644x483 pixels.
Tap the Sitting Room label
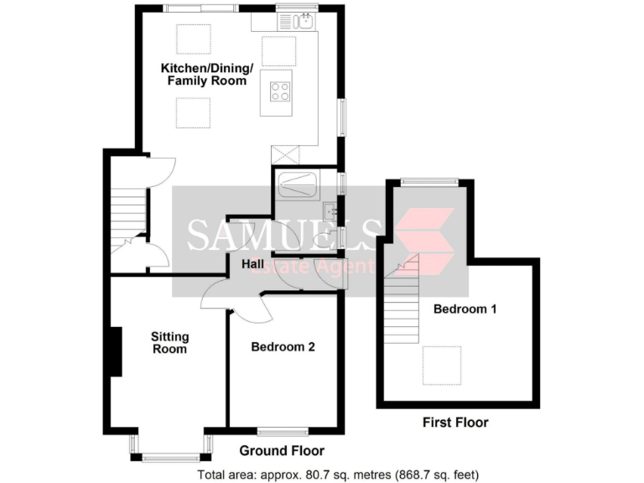pos(169,342)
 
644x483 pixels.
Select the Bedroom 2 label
pos(283,346)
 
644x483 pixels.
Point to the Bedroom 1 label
pos(465,309)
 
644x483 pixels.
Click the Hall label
pos(254,265)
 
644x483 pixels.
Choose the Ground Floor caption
pos(270,451)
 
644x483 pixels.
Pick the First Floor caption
pos(454,423)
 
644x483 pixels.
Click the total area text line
pos(338,475)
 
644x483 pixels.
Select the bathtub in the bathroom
pos(296,183)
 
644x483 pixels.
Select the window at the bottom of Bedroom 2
pos(283,432)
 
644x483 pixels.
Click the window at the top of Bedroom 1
pos(428,182)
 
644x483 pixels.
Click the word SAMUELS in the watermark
pos(280,235)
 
